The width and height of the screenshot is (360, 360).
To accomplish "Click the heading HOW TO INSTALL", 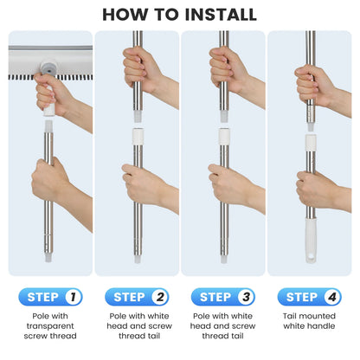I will tap(180, 14).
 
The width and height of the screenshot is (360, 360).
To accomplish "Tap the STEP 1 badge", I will tap(50, 297).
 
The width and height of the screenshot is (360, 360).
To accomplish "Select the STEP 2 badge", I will tap(137, 297).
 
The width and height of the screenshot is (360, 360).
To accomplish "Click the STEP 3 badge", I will tap(223, 297).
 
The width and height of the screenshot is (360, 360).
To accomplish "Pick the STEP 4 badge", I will tap(309, 297).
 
